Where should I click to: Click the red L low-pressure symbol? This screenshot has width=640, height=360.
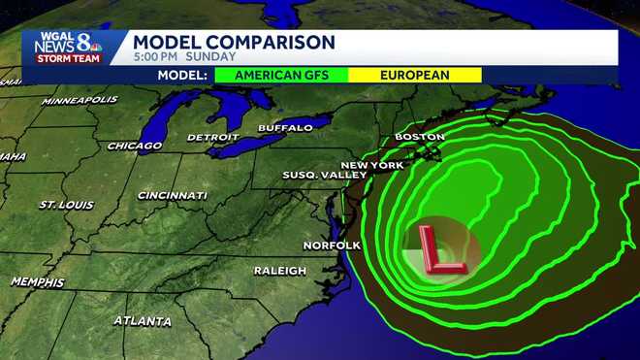441,248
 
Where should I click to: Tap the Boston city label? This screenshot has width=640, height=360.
420,137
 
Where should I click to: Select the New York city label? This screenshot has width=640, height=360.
372,165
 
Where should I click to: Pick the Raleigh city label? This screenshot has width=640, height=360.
280,270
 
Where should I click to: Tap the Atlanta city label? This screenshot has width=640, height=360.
143,320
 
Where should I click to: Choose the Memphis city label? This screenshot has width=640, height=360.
37,281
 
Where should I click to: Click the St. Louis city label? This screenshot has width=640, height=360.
66,205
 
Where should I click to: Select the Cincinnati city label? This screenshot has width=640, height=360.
173,195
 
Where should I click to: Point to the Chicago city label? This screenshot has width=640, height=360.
135,146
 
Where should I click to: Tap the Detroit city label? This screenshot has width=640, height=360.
212,137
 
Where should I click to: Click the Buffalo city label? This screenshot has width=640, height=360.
285,127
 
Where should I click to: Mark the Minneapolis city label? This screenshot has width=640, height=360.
80,100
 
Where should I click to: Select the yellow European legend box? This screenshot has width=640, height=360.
415,75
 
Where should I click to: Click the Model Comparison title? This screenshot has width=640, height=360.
234,42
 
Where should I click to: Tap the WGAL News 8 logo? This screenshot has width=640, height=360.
68,47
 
